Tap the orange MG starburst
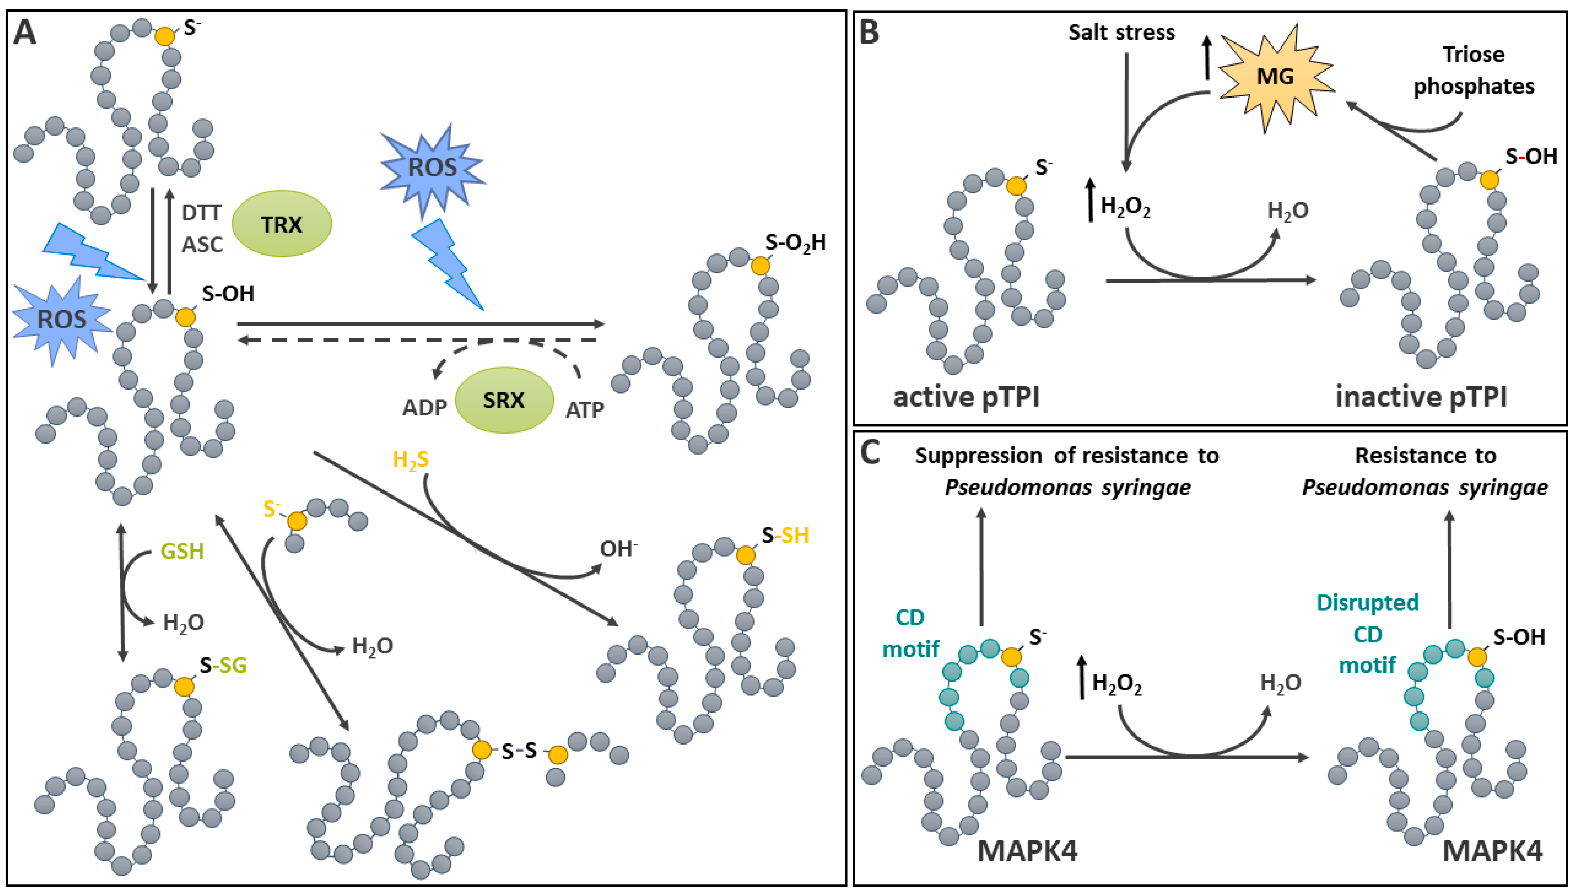(x=1275, y=77)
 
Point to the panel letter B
(x=869, y=32)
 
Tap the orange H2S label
(x=410, y=460)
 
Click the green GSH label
(x=182, y=551)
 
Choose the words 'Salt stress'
(x=1121, y=32)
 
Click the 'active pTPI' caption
(x=966, y=397)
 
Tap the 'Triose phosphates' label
(x=1474, y=71)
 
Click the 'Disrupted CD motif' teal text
(x=1368, y=634)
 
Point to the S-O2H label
(x=795, y=243)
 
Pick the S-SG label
(x=224, y=665)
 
